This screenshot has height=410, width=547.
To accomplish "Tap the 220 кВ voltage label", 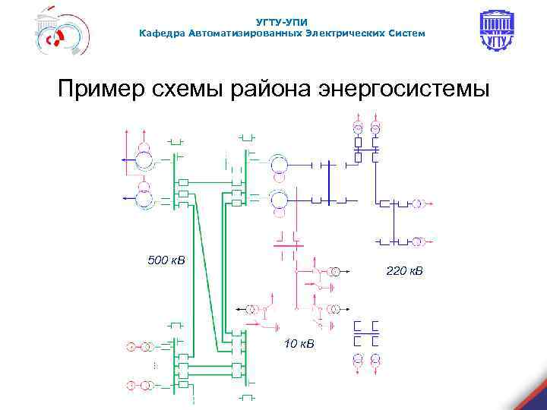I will [405, 270].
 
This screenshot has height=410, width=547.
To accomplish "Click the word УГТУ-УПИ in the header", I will [282, 22].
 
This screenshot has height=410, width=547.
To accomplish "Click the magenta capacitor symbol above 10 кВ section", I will [287, 245].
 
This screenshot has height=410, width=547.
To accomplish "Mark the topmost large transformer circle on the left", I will [144, 160].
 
